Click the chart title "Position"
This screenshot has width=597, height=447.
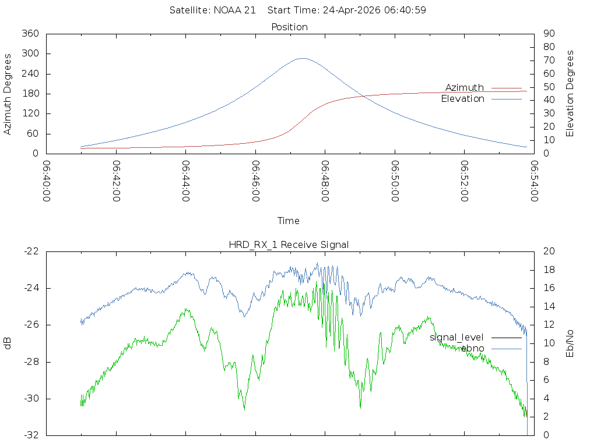[x=289, y=27]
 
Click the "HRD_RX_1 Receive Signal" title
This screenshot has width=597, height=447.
[x=289, y=244]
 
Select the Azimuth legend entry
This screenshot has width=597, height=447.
[x=465, y=88]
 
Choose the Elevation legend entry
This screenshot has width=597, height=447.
[x=463, y=99]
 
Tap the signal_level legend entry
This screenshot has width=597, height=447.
[x=456, y=338]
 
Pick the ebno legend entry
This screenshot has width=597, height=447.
[x=472, y=348]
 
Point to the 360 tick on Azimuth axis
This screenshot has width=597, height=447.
[x=30, y=34]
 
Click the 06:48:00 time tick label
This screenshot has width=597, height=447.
[x=325, y=181]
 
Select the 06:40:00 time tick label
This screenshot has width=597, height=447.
[x=47, y=181]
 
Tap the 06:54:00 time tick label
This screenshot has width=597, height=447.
[x=534, y=181]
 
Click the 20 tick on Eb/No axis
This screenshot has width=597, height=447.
[x=549, y=251]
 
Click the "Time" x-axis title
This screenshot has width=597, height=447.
[x=289, y=221]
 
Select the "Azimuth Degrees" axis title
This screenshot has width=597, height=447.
[x=8, y=94]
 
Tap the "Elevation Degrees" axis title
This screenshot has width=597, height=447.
[x=570, y=94]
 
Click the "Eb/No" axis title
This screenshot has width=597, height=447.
[x=570, y=343]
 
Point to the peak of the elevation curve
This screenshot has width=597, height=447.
[x=302, y=58]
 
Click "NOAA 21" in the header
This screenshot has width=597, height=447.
[x=236, y=10]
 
